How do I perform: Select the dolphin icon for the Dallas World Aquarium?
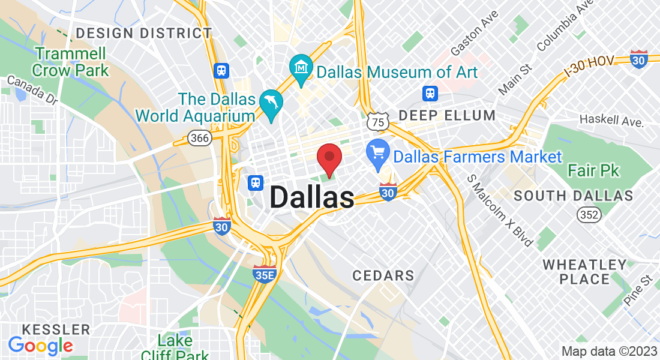tap(271, 103)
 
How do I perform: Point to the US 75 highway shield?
tap(377, 122)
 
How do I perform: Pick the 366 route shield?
tap(199, 138)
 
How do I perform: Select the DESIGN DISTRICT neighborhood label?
tap(143, 33)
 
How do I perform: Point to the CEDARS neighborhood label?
tap(383, 276)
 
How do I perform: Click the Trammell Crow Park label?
tap(71, 62)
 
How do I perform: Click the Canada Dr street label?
tap(32, 91)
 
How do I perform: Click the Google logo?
tap(40, 345)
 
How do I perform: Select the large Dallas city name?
tap(312, 197)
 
